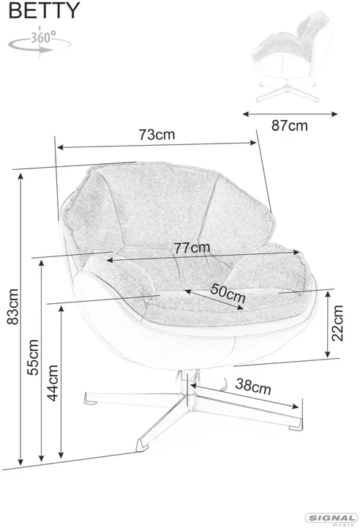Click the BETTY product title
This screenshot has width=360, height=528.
point(44,10)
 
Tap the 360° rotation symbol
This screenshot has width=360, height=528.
point(40,42)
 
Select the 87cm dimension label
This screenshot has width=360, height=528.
point(289,126)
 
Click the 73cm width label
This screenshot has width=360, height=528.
point(157,134)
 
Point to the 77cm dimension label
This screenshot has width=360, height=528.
point(192,248)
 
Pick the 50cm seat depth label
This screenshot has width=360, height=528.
point(228,293)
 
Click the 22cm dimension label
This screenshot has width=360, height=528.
point(337,323)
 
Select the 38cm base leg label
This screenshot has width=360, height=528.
point(253,387)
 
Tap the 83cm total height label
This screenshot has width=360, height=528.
point(12,306)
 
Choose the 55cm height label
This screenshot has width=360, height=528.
point(33,357)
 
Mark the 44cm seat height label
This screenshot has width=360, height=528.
point(52,383)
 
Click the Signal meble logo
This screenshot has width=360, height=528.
point(331,520)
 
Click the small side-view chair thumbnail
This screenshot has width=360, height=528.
point(290,57)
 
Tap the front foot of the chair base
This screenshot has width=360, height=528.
point(142,445)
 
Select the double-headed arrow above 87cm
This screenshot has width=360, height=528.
point(290,114)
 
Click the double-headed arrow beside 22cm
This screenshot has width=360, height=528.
point(328,324)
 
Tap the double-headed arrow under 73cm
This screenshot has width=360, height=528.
point(157,145)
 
